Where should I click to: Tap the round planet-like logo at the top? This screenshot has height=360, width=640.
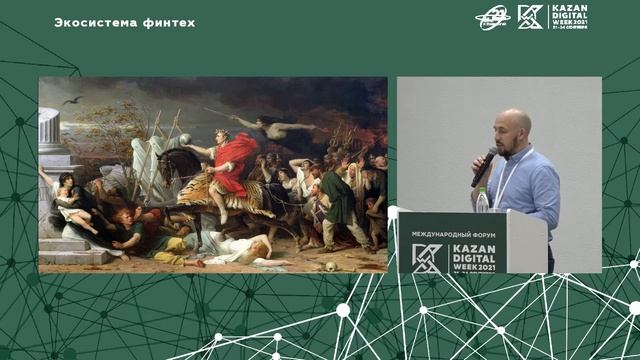[492, 17]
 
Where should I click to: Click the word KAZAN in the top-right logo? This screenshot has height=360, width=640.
[562, 9]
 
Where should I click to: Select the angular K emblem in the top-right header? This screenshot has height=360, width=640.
[529, 17]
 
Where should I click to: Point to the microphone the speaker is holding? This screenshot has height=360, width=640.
[484, 166]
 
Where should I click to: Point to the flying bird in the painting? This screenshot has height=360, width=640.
[72, 100]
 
